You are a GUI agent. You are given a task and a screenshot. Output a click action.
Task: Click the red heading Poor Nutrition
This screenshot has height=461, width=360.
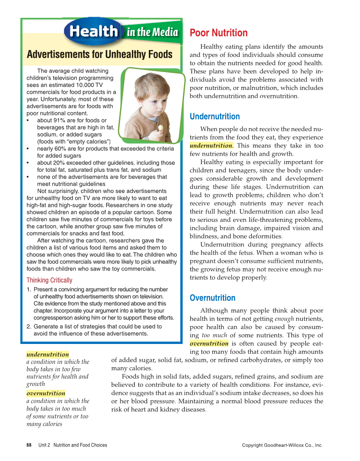click(218, 33)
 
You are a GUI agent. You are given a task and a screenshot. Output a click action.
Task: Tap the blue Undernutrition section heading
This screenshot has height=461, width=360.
click(215, 117)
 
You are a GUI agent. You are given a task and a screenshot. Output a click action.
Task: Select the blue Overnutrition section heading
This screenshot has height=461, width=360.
click(212, 298)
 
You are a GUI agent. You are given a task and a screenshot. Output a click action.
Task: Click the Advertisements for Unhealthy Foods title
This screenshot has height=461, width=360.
click(100, 55)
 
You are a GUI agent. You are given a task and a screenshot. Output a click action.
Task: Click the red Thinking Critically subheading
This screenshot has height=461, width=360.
click(49, 280)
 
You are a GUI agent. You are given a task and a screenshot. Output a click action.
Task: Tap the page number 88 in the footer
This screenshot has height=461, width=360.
click(29, 445)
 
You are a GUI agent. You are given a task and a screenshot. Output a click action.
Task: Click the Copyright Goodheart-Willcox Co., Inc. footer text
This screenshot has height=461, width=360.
click(282, 445)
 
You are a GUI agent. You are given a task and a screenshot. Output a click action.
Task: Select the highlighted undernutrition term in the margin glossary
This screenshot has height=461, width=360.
click(47, 354)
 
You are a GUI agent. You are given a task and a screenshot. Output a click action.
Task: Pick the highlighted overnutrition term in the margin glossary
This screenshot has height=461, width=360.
click(46, 393)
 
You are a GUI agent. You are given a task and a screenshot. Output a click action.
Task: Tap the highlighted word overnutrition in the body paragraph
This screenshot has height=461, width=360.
click(209, 344)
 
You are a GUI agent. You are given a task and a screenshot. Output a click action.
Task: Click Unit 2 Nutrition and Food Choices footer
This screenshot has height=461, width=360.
click(73, 445)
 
